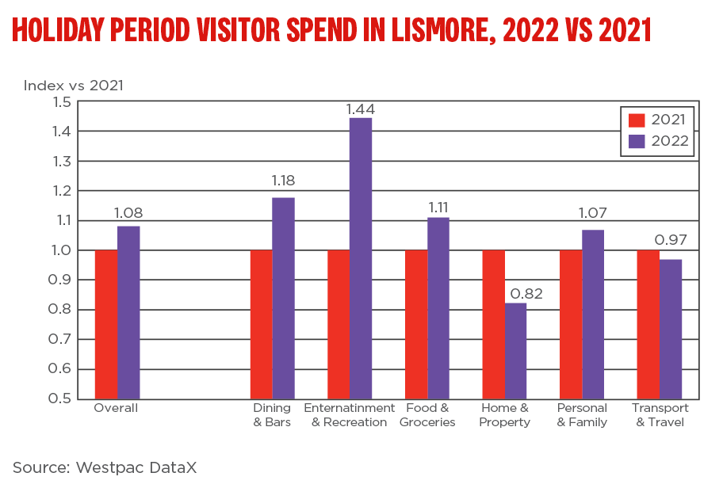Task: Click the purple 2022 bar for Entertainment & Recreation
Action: point(361,257)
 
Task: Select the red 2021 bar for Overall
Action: point(106,324)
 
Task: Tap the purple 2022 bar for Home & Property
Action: point(515,350)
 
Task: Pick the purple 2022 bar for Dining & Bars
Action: point(283,297)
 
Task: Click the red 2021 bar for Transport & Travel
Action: point(648,324)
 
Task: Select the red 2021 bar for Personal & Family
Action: point(571,324)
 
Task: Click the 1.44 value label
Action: point(361,109)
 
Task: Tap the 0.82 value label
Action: point(515,294)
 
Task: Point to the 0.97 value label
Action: point(670,240)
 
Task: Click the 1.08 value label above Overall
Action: point(128,213)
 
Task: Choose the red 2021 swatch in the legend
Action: point(637,120)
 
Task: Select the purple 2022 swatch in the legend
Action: point(637,142)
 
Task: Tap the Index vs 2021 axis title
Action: point(74,85)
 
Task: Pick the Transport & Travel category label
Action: point(660,415)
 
